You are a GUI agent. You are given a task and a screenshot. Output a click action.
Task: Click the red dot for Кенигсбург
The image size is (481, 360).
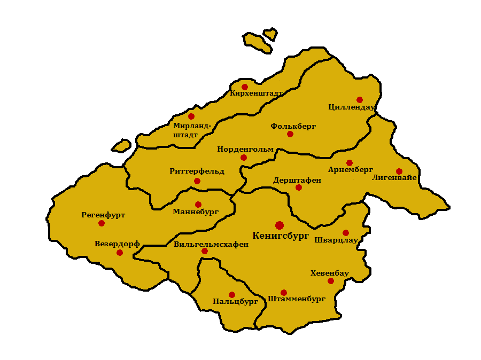point(280,225)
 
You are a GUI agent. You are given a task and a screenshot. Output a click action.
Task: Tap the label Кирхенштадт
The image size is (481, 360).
point(256,93)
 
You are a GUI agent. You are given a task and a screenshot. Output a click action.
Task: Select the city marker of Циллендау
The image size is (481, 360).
point(360,100)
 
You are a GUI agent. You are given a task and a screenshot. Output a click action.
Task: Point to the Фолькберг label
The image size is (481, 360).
point(293,126)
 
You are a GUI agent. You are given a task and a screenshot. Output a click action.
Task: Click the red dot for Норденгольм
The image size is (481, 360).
point(244,158)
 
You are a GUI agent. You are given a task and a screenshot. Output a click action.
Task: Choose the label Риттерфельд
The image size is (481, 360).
point(197,171)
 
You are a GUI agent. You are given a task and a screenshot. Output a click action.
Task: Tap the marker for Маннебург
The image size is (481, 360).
point(198,205)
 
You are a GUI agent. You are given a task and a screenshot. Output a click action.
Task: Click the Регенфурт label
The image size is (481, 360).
point(103,215)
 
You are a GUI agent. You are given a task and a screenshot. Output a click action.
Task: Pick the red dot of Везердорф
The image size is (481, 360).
point(120,253)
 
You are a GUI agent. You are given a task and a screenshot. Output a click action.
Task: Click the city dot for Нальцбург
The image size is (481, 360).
point(232,295)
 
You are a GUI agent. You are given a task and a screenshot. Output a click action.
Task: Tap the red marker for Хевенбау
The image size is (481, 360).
point(331,281)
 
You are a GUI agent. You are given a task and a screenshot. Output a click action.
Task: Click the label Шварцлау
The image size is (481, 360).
point(336,240)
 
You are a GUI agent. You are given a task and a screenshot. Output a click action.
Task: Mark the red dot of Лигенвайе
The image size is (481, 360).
point(399,171)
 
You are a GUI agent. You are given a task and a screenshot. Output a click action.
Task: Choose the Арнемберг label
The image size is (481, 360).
point(351,170)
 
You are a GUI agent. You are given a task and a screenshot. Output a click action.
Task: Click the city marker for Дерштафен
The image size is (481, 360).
point(299,187)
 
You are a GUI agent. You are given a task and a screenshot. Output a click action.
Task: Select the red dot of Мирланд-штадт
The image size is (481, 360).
point(191,116)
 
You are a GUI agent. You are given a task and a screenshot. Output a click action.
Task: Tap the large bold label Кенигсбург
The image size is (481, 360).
point(281,236)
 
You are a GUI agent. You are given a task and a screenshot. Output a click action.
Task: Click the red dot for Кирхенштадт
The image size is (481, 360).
point(245,87)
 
